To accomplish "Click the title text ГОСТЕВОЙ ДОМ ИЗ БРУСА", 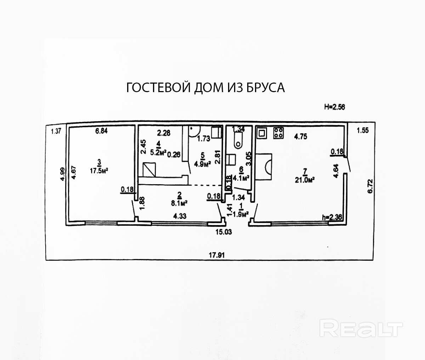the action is coord(205,88).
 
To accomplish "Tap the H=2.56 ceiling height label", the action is coord(335,106).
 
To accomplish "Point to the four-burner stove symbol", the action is coord(278,133).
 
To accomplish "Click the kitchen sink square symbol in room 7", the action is coord(262,133).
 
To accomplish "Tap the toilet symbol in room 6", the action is coord(238,141).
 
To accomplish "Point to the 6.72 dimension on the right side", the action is coord(370,186).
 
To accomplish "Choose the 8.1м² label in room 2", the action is coord(180,203).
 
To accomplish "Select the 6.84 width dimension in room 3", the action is coord(101,131).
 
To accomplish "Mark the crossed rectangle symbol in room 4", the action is coord(149,169).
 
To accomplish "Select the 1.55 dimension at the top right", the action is coord(363,130).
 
